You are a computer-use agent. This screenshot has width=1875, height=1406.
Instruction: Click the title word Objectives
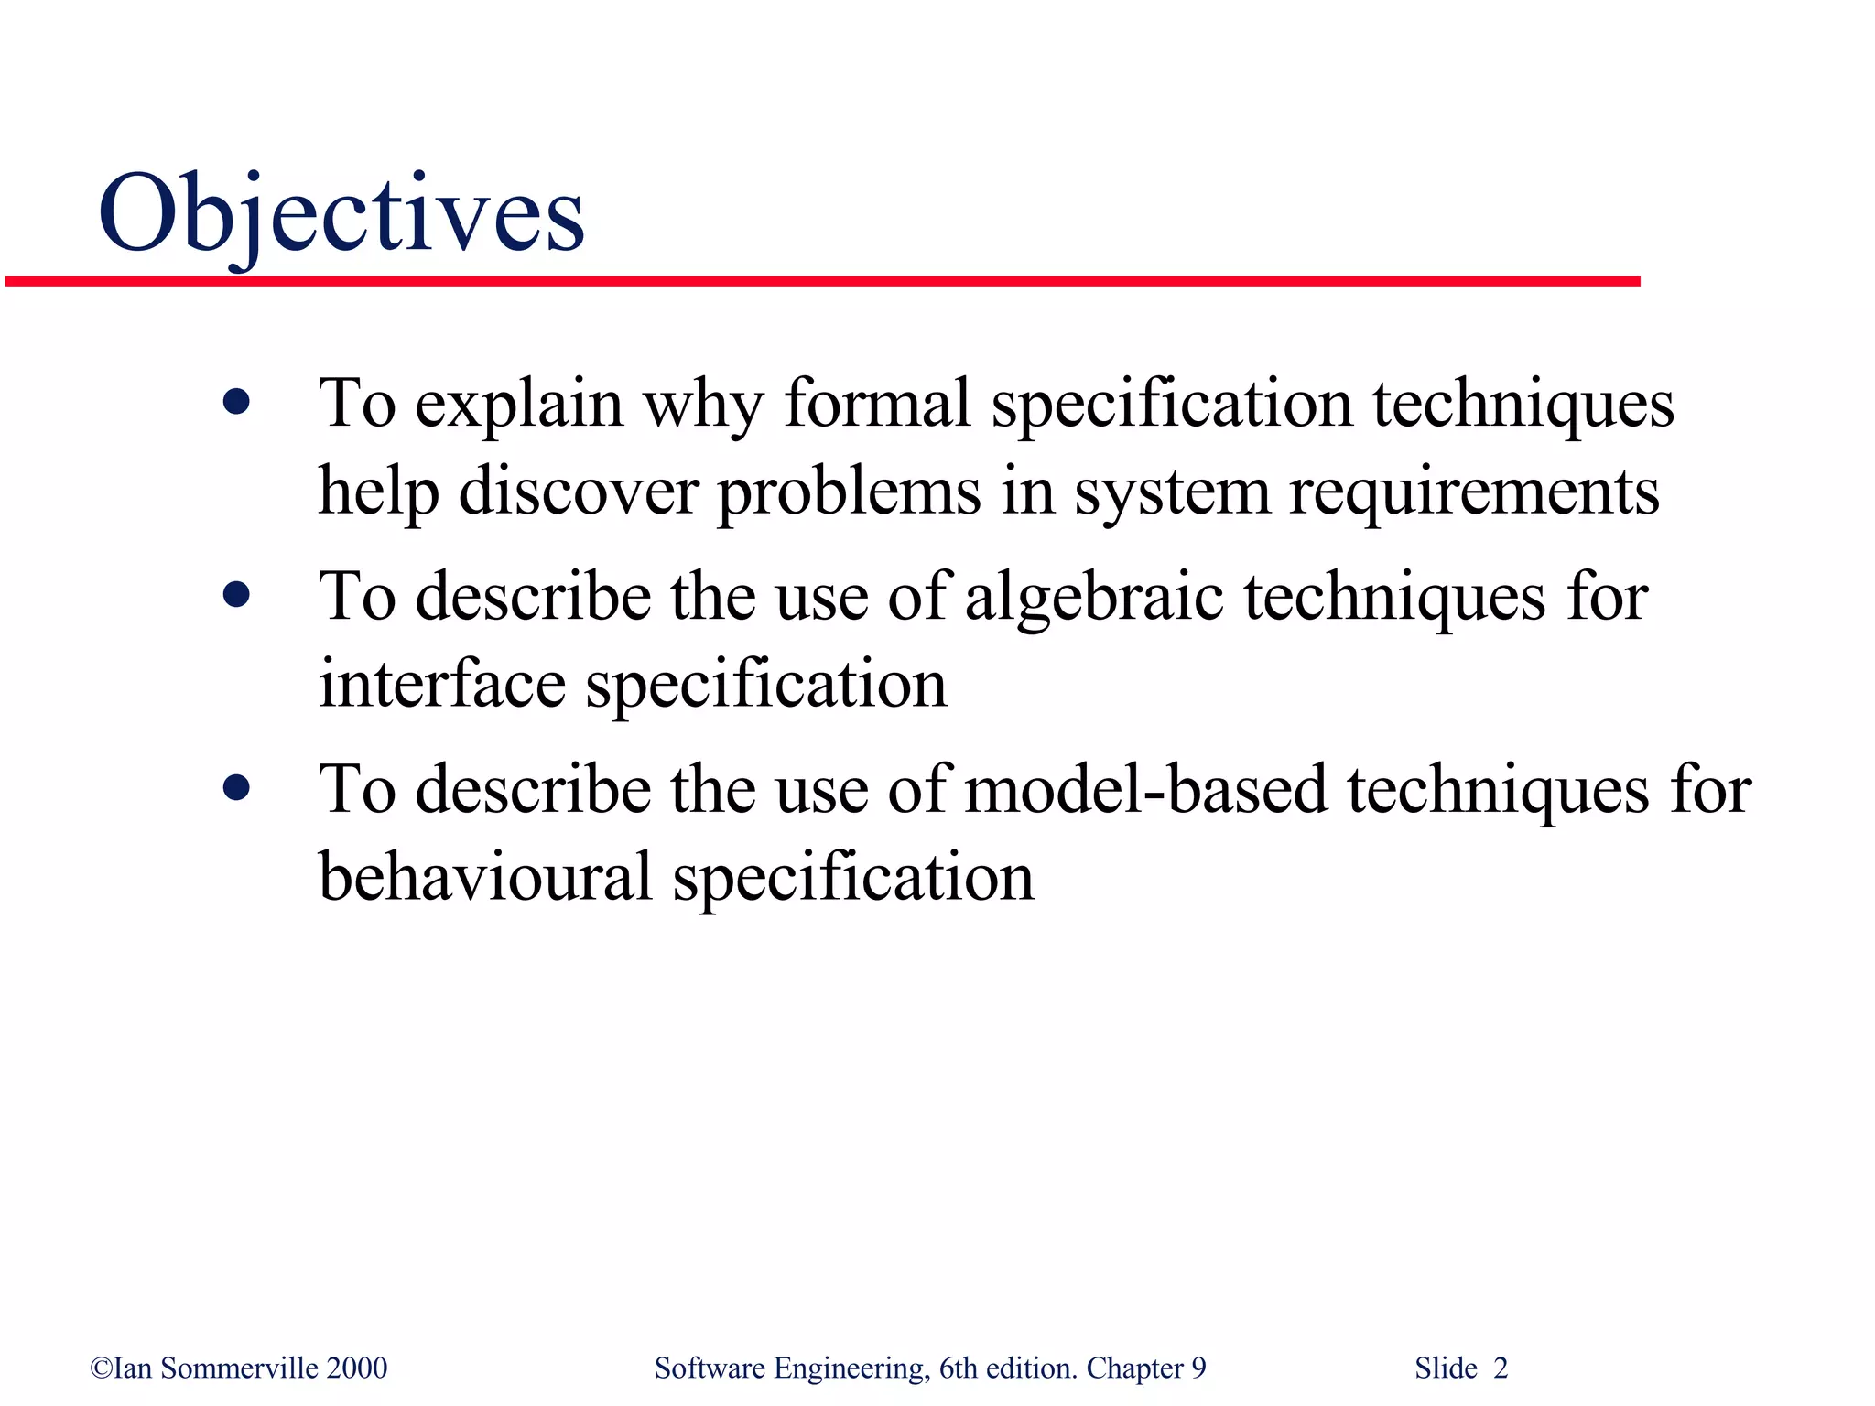tap(341, 213)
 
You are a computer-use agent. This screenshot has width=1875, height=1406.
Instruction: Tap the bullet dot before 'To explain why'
tap(236, 402)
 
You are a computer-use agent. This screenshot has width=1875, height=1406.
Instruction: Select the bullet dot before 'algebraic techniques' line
tap(236, 596)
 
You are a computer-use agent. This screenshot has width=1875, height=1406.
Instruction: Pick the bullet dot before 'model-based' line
tap(236, 787)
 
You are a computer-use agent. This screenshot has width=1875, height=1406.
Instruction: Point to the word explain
tap(519, 405)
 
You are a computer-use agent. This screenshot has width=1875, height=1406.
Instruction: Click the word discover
tap(578, 492)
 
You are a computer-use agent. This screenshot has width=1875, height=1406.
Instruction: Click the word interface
tap(441, 684)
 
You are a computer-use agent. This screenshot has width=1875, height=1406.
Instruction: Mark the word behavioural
tap(485, 877)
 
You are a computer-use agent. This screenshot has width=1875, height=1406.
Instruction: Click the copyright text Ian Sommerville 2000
tap(239, 1368)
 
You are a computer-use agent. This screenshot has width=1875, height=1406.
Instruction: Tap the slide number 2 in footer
tap(1500, 1368)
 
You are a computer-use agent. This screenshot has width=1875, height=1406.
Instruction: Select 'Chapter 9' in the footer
tap(1145, 1368)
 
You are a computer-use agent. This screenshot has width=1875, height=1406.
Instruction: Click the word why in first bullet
tap(702, 405)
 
